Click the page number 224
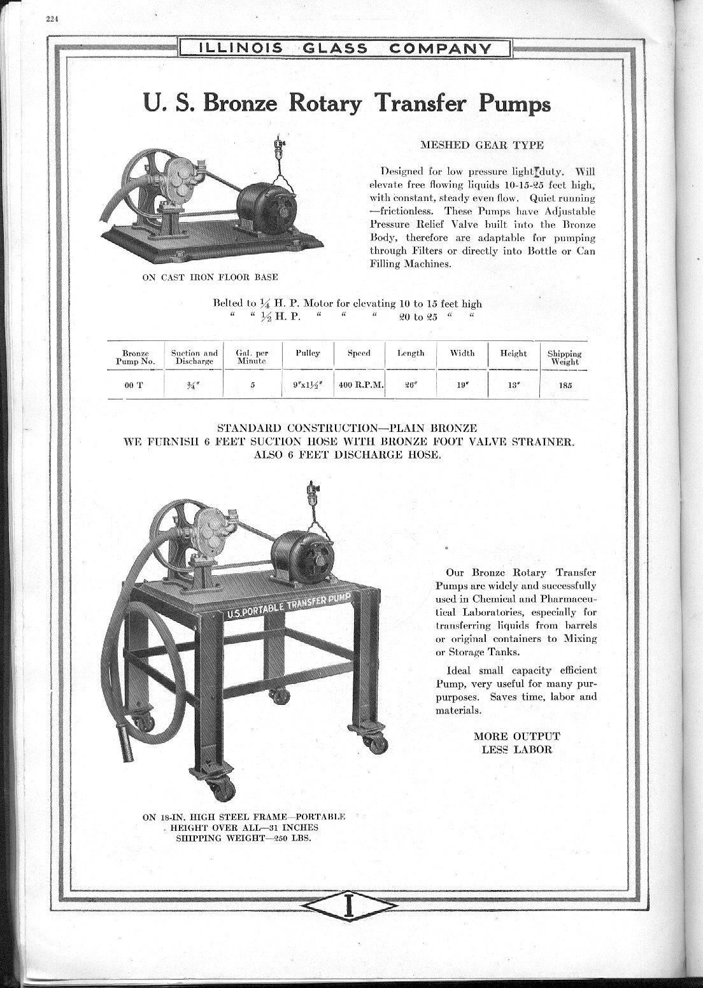(x=52, y=18)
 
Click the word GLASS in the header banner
(x=335, y=48)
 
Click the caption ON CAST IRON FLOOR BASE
(x=209, y=277)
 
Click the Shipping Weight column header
(x=564, y=358)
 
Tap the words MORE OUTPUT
(x=516, y=736)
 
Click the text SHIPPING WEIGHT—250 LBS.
(x=247, y=838)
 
